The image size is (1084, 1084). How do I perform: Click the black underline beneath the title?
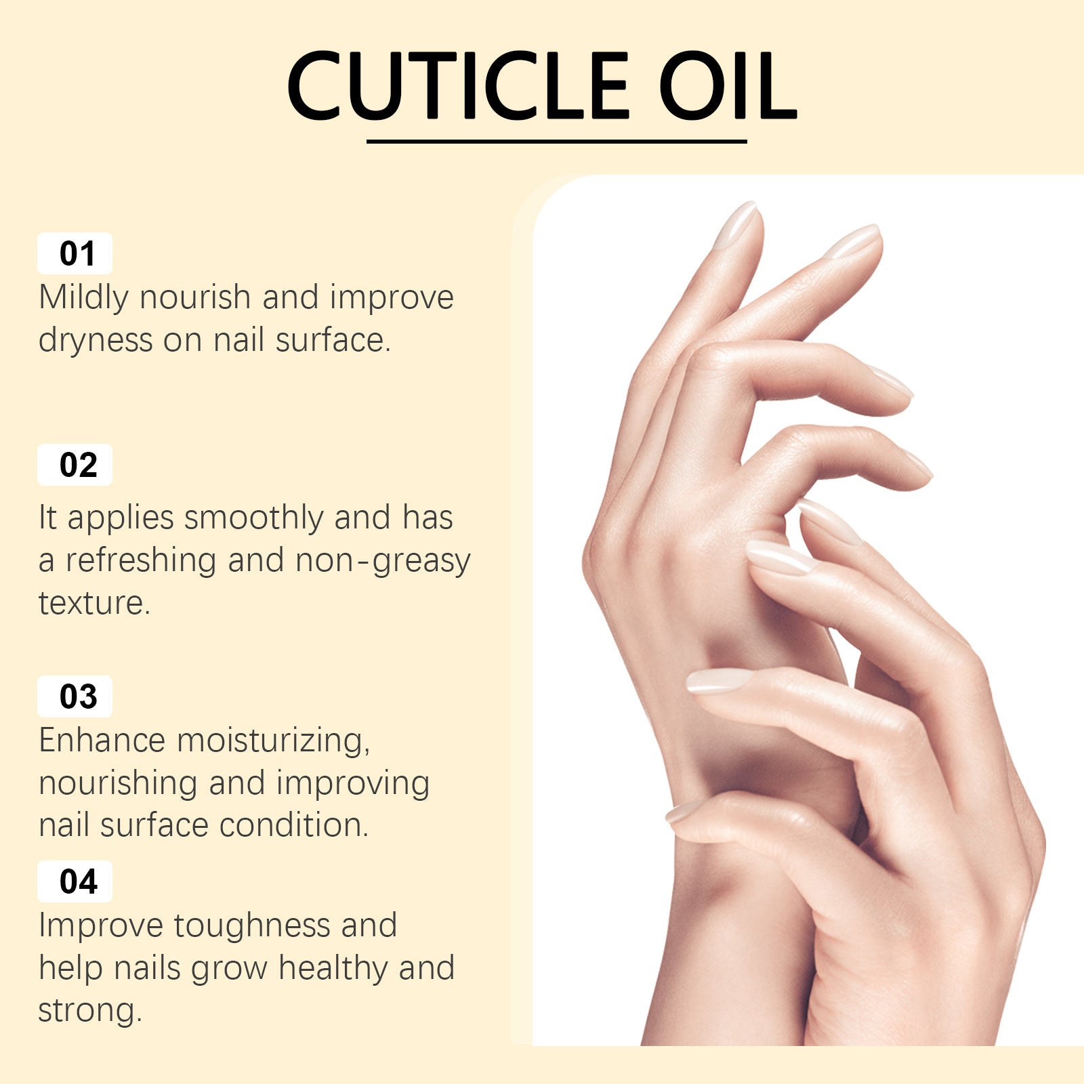point(556,142)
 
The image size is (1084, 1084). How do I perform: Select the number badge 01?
point(75,253)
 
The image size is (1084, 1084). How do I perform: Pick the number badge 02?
point(75,465)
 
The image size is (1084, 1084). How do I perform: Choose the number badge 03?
point(75,696)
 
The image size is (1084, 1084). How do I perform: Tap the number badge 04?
point(75,881)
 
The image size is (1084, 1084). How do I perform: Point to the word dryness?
point(96,341)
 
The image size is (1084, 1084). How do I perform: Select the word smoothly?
point(254,518)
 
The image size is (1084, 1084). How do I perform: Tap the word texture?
point(94,603)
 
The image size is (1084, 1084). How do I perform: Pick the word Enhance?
point(102,740)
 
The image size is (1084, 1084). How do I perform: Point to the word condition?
point(294,825)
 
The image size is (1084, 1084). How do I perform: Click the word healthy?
point(333,969)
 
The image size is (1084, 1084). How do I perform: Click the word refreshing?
point(141,561)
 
